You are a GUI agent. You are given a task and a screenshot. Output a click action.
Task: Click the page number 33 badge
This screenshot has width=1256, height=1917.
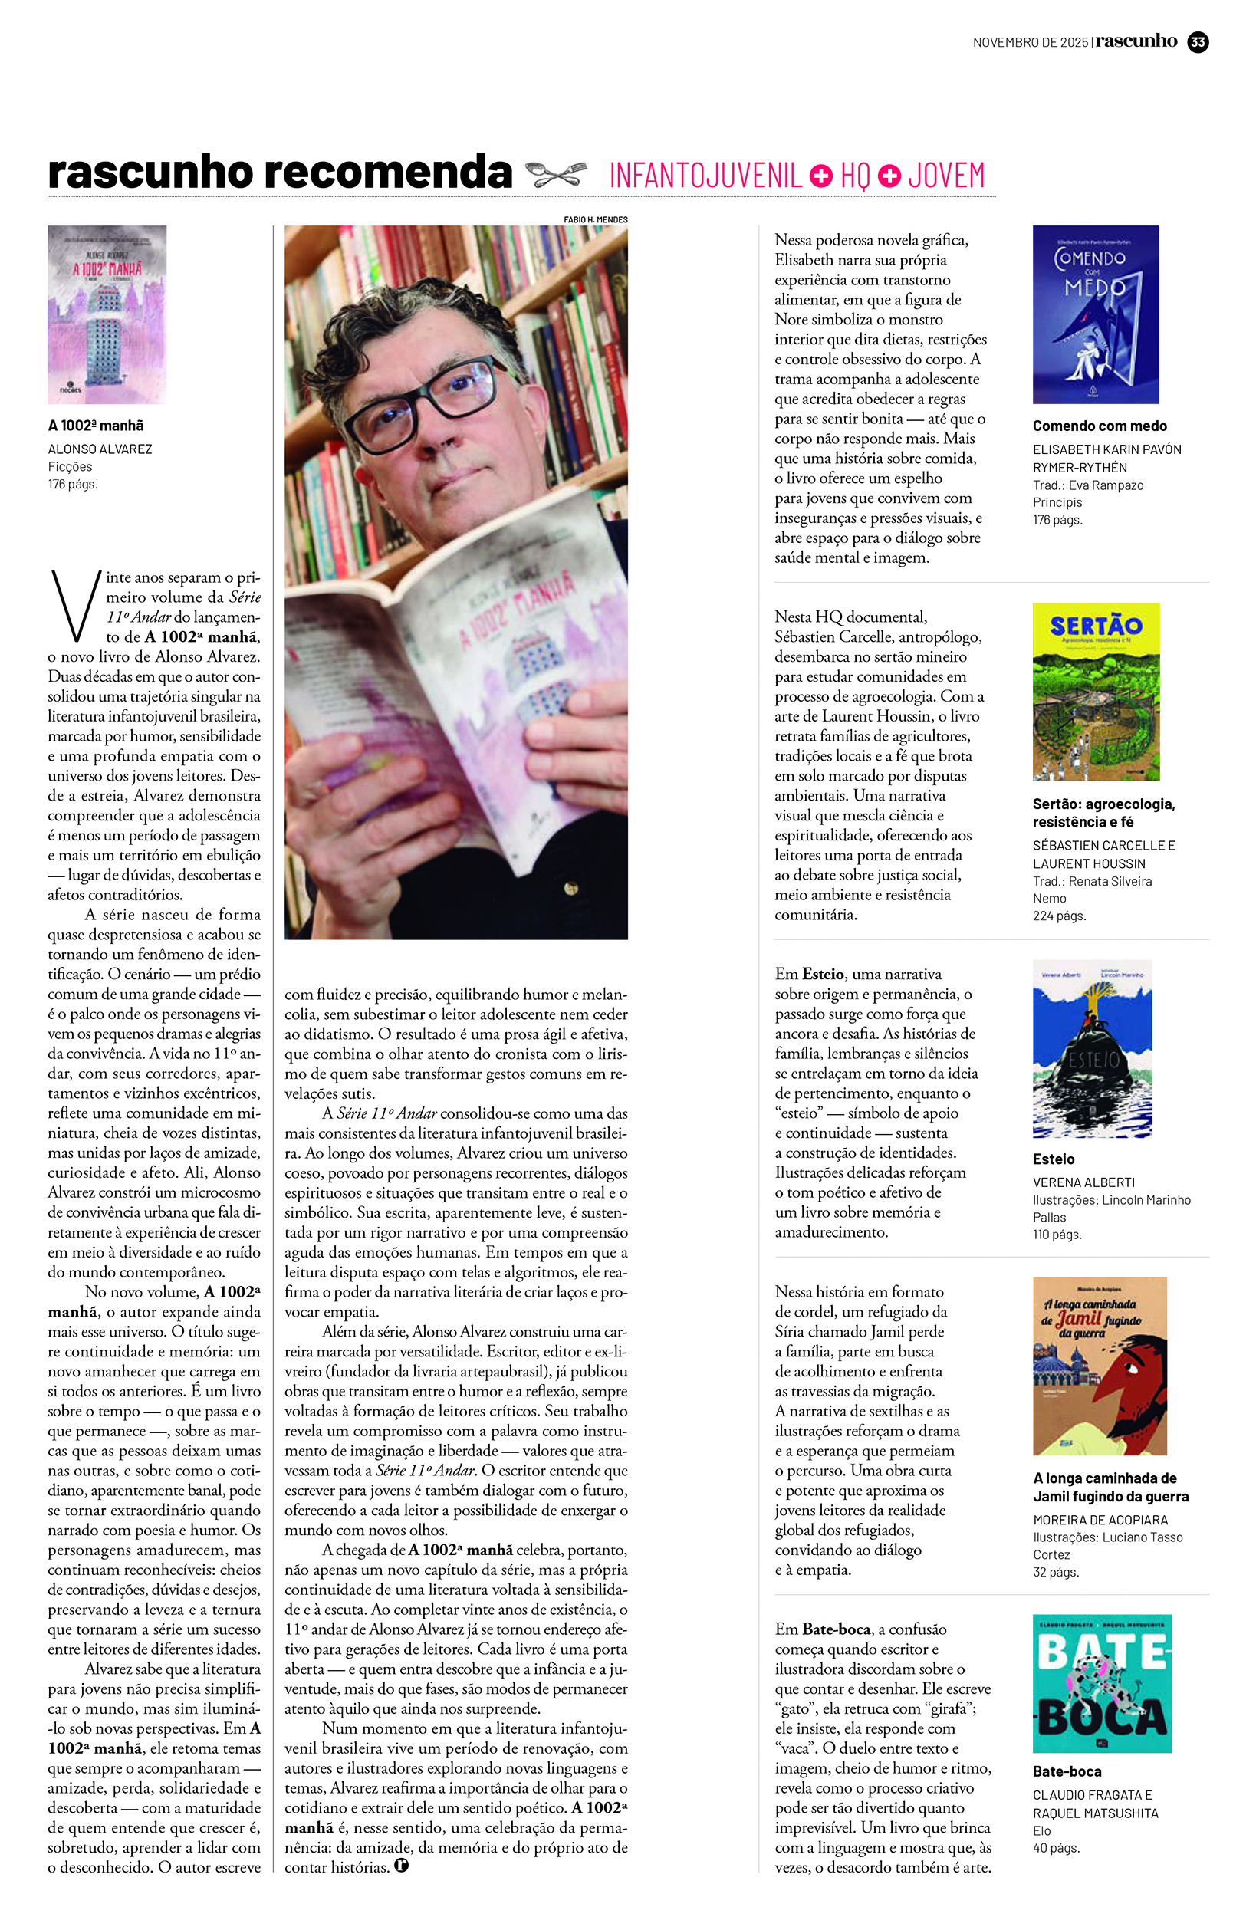(1198, 42)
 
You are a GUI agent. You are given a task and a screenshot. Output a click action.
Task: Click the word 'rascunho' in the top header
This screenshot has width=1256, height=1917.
(1136, 41)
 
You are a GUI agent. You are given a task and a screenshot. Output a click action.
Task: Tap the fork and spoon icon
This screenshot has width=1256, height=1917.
(555, 173)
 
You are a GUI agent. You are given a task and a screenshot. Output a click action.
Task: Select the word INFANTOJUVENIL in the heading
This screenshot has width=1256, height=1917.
(705, 176)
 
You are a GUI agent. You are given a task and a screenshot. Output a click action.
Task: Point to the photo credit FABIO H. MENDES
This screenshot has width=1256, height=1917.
(595, 219)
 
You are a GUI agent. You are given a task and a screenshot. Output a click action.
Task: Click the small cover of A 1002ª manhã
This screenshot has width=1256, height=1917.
(107, 314)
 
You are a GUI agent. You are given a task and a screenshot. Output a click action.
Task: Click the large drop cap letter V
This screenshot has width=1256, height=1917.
(75, 604)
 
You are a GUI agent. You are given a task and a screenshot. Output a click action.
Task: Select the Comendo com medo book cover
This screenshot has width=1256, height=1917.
(1096, 314)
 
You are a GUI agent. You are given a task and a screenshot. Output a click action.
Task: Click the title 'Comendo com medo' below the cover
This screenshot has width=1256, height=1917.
(1100, 426)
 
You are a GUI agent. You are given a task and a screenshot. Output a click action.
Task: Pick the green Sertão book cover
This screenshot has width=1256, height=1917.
(1096, 691)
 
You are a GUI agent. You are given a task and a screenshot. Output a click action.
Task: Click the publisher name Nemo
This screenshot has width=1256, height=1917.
(1049, 898)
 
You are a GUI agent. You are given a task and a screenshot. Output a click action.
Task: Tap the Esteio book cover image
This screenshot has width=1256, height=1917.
(1092, 1048)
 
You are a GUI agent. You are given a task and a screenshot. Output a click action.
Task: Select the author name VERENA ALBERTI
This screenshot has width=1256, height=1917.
(1083, 1182)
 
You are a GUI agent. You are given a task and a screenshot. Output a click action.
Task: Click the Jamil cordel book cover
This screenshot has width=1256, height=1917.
(1100, 1366)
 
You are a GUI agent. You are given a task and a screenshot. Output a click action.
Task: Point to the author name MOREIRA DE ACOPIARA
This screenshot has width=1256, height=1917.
(1100, 1520)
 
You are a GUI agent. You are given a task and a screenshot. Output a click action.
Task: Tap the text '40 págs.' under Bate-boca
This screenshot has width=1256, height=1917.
(1056, 1848)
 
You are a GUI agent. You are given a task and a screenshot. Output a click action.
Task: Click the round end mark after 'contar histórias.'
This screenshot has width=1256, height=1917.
(401, 1866)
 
